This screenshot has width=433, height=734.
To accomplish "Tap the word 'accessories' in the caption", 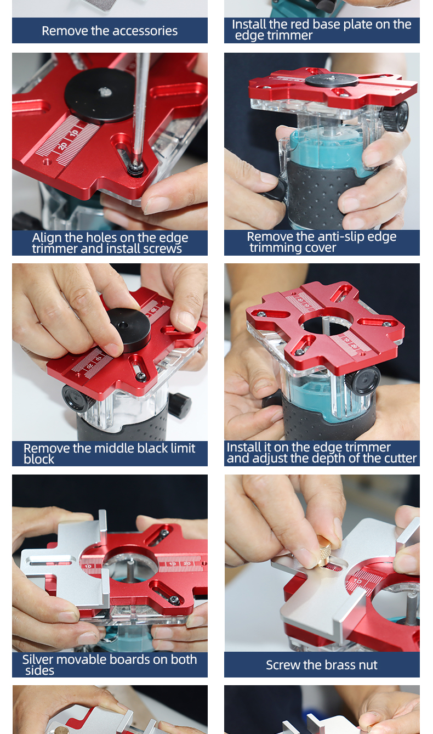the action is pos(141,31).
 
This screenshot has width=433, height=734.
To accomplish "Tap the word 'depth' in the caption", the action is pos(329,458).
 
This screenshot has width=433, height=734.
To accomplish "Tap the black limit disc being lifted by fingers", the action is pos(129,329).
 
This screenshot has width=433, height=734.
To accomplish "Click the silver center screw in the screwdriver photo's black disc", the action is pos(105,92).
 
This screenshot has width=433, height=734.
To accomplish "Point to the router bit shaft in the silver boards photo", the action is pos(130,571).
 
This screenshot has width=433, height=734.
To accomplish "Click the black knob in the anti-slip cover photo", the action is pos(397,117).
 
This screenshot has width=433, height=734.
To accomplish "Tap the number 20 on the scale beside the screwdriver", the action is pos(62,146).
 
